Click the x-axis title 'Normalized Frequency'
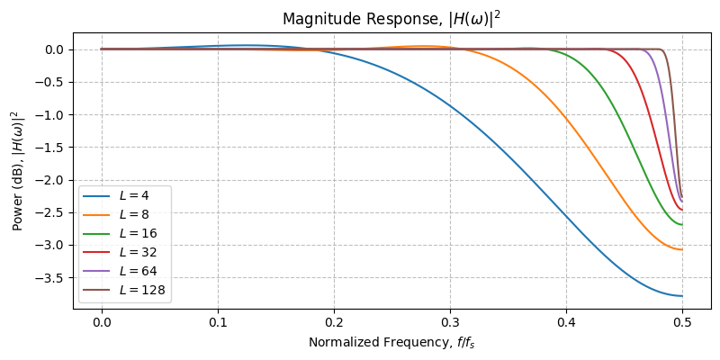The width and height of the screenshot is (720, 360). (x=391, y=342)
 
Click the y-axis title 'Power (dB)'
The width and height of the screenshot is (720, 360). (x=18, y=171)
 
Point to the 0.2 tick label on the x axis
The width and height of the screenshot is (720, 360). (x=334, y=321)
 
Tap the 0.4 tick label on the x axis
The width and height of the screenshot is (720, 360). (x=566, y=321)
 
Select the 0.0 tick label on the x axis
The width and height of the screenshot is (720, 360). (x=102, y=321)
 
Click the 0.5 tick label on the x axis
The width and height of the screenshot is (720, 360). (x=682, y=321)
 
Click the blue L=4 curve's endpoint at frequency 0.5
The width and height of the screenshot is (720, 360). (x=682, y=296)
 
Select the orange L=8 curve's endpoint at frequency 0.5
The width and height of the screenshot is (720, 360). (x=682, y=249)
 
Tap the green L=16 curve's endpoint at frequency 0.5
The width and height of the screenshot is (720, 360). (x=682, y=225)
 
